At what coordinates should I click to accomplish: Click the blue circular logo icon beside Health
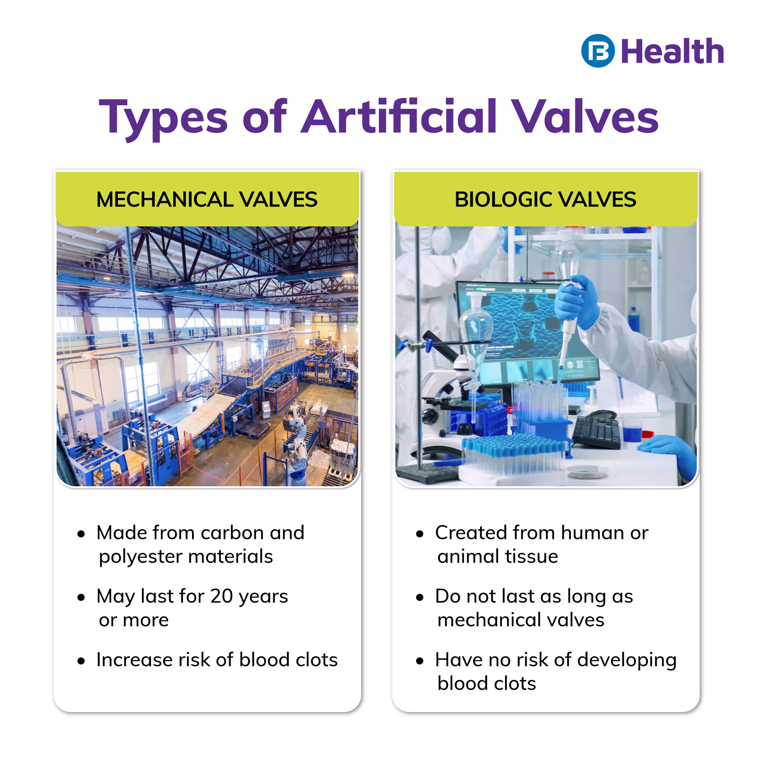pyautogui.click(x=598, y=51)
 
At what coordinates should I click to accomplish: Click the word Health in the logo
pyautogui.click(x=673, y=52)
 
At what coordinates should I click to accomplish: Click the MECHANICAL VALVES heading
pyautogui.click(x=207, y=199)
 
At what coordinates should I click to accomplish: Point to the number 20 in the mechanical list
pyautogui.click(x=221, y=596)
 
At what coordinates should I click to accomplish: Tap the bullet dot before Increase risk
pyautogui.click(x=81, y=661)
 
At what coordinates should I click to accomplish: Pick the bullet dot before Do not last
pyautogui.click(x=420, y=597)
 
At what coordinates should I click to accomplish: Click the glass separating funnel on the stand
pyautogui.click(x=475, y=327)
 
